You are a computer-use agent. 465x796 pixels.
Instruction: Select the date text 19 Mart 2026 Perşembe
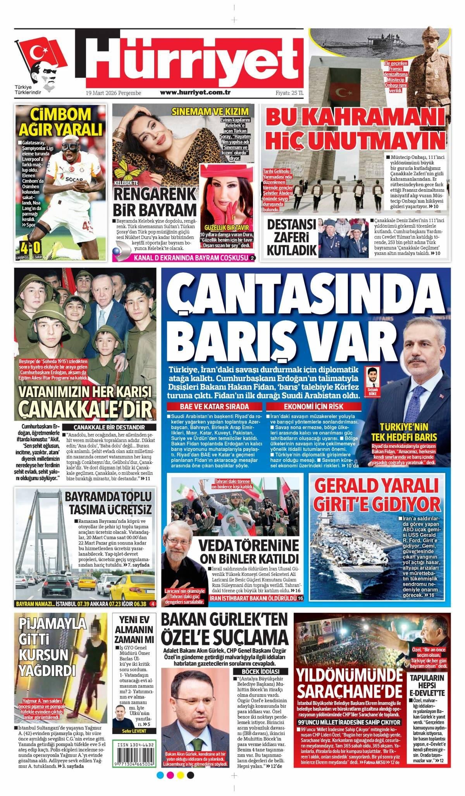[114, 93]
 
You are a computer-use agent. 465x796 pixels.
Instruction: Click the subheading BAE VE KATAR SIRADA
[214, 407]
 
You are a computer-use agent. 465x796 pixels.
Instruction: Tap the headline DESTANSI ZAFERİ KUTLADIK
[291, 237]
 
